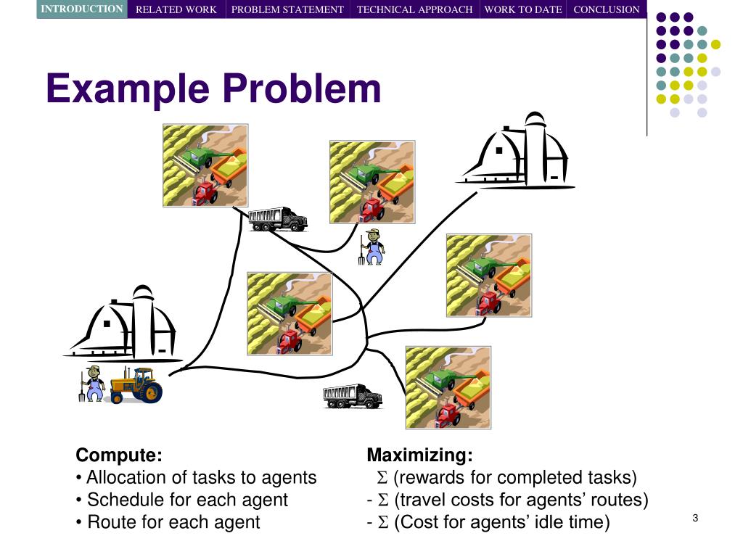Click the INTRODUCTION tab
tap(81, 9)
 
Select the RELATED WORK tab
tap(176, 9)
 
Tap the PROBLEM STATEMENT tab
tap(287, 9)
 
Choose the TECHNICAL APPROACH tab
tap(414, 9)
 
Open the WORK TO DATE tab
tap(522, 9)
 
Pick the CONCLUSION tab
tap(607, 9)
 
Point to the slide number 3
tap(695, 517)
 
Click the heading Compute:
tap(119, 455)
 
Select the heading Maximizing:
tap(419, 455)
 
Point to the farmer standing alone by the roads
tap(373, 247)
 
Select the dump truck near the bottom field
tap(352, 396)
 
